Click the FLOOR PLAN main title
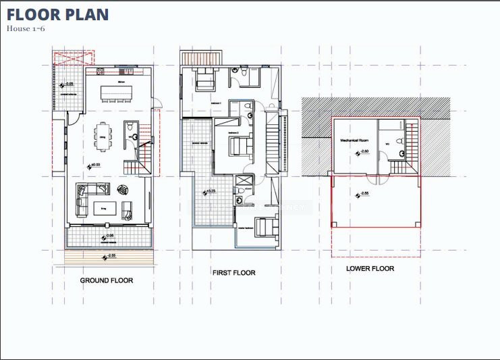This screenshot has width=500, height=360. click(58, 15)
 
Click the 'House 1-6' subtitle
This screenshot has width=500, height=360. click(25, 29)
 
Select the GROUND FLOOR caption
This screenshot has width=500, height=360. click(107, 280)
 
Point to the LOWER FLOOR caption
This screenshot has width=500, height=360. click(370, 268)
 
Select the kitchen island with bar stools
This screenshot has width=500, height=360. click(119, 92)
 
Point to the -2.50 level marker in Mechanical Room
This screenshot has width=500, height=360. click(363, 151)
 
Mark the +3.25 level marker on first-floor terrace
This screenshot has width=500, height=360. click(209, 192)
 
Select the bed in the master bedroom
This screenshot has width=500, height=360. click(265, 229)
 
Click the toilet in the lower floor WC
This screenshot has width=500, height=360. click(399, 140)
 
